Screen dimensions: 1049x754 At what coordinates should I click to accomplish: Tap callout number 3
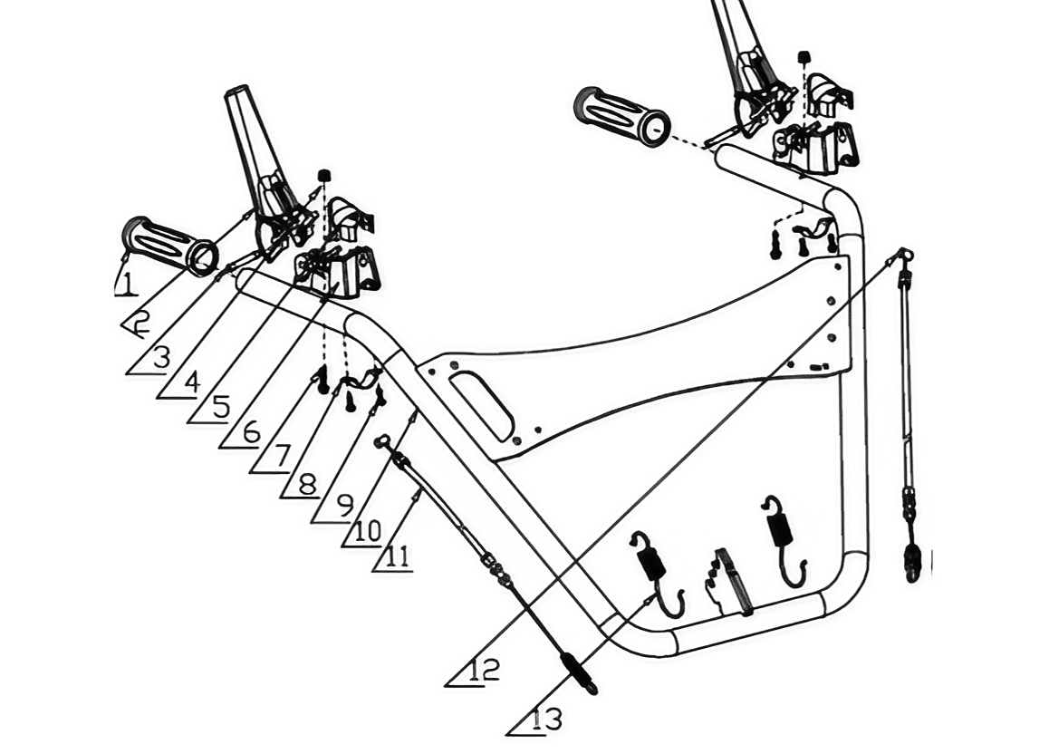click(x=161, y=358)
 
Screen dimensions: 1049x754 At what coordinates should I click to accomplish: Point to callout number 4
click(x=191, y=382)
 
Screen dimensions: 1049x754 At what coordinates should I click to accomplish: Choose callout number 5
click(x=221, y=407)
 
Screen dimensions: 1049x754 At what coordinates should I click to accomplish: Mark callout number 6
click(x=251, y=433)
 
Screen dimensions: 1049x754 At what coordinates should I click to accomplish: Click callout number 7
click(x=282, y=456)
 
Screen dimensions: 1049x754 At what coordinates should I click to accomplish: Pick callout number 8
click(x=307, y=483)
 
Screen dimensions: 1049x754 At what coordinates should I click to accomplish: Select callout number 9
click(x=343, y=506)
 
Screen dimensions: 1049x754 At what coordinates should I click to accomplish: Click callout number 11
click(x=398, y=556)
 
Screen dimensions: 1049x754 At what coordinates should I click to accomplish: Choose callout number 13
click(x=546, y=720)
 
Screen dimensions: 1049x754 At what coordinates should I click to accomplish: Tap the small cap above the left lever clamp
click(x=324, y=175)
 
